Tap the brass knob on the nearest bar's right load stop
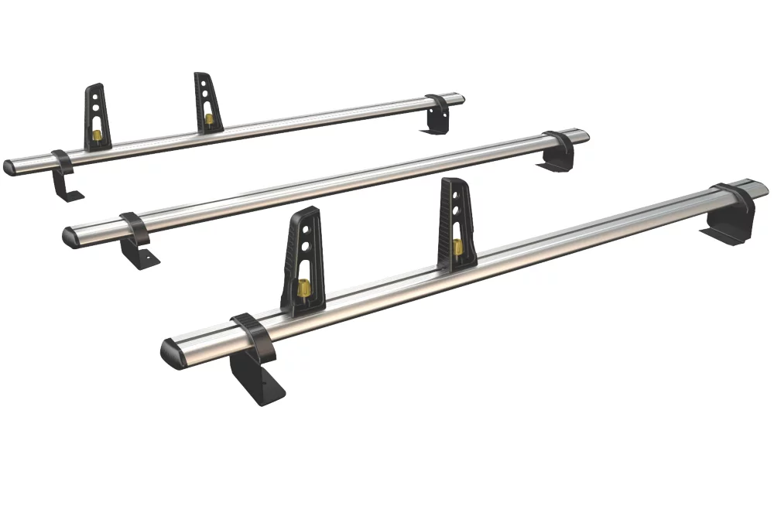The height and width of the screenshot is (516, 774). [x=457, y=247]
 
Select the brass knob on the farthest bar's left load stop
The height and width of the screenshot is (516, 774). [x=98, y=135]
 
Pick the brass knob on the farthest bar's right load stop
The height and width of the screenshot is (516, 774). [x=209, y=119]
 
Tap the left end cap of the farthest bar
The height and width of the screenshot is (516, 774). [x=10, y=168]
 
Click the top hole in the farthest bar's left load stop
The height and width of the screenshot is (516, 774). [x=97, y=96]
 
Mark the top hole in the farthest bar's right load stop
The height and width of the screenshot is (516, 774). [x=205, y=84]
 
